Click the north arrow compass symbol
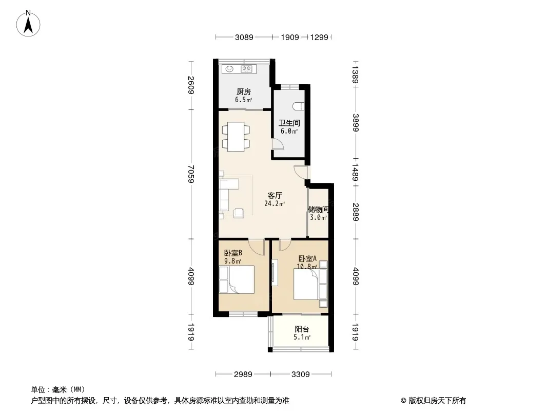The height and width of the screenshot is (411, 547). point(28,24)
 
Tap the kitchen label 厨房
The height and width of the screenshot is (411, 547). point(244,92)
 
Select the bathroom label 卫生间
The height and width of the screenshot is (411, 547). point(289,123)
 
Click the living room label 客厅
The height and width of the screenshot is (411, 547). point(275,196)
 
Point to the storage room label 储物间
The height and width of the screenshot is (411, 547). point(318,210)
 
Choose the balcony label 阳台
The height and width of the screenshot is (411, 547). point(302,329)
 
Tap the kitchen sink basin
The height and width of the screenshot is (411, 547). point(229,69)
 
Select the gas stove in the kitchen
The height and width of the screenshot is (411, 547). point(247,69)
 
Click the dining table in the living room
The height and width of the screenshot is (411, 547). point(236,137)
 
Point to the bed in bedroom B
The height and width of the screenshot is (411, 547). point(237,279)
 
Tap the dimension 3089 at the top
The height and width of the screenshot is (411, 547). point(244,37)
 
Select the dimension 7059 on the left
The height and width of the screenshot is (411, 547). point(191,174)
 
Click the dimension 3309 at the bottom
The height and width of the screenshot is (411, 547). point(300,375)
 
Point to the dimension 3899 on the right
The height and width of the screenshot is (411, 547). point(356,123)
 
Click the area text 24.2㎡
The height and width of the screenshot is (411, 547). point(275,203)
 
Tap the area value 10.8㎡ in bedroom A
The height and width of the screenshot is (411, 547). point(307,267)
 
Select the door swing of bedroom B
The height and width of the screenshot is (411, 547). point(258,247)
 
